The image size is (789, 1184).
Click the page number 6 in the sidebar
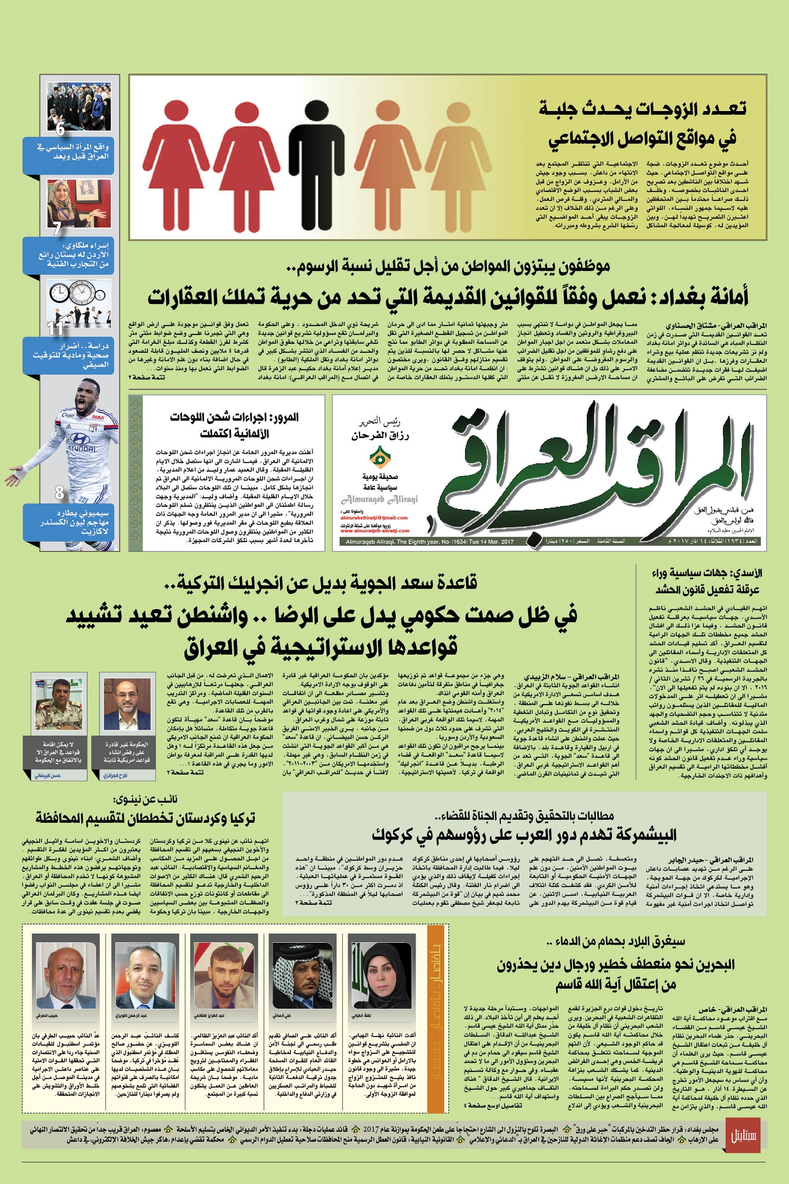60,129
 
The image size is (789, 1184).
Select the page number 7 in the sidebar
57,229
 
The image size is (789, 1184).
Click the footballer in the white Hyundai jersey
75,443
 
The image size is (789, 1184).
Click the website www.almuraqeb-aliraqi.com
375,530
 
